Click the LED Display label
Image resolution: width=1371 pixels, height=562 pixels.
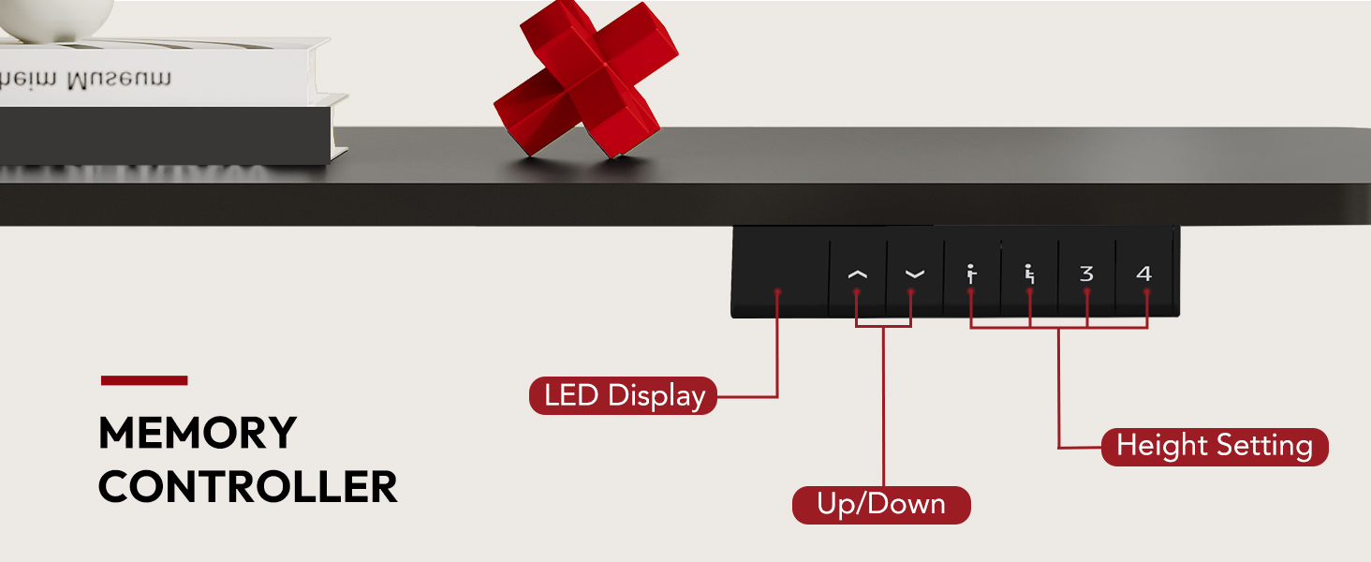624,395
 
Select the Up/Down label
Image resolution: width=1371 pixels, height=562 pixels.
881,505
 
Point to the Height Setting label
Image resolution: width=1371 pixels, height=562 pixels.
1215,446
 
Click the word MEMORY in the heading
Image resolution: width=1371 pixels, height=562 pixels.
197,434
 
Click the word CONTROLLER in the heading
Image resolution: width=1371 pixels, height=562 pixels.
247,488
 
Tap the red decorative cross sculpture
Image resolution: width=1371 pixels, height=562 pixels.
585,80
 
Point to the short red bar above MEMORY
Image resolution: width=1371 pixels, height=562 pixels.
144,380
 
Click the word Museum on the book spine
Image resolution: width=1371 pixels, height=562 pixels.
117,81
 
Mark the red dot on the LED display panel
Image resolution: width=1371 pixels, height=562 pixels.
777,292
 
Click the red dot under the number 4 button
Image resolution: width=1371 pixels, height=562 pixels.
1146,292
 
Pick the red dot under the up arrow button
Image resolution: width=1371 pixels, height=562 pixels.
856,292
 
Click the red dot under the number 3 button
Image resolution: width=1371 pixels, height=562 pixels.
1087,292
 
